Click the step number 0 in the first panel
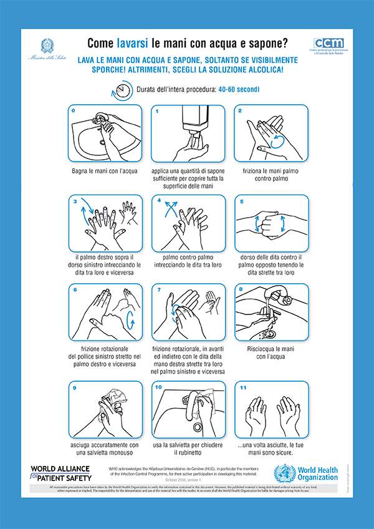pyautogui.click(x=74, y=111)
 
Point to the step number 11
pyautogui.click(x=243, y=387)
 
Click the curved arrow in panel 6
pyautogui.click(x=130, y=320)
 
